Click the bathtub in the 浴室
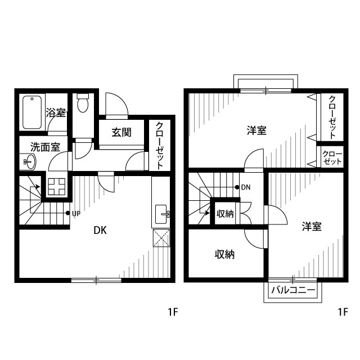coord(32,112)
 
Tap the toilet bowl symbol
coord(83,103)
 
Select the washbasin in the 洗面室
coord(29,161)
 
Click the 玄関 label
coord(121,133)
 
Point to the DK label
coord(100,230)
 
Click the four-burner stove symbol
coord(57,187)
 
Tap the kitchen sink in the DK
coord(161,214)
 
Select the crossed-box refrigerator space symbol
coord(161,238)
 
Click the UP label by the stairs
coord(76,214)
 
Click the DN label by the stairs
coord(246,187)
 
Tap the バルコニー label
coord(293,290)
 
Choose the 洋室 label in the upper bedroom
coord(256,130)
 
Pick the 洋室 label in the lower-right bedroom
coord(312,226)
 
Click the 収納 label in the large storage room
coord(224,254)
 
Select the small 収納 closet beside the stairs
coord(225,214)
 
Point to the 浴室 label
coord(56,112)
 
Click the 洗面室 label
coord(45,147)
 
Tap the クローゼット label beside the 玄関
coord(160,146)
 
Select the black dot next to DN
coord(237,187)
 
